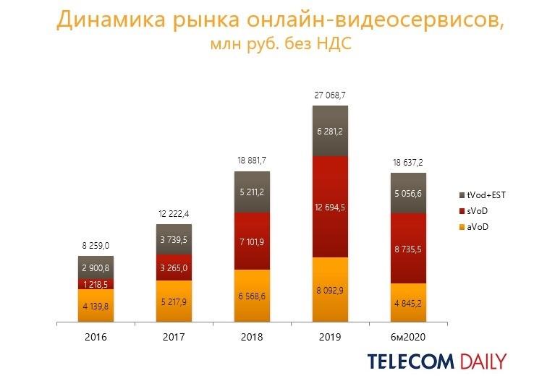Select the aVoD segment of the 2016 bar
pos(96,307)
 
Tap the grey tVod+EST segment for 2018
pos(252,192)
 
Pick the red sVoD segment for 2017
pos(174,267)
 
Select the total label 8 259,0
pos(96,246)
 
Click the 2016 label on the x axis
pos(96,337)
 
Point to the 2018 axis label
pos(252,337)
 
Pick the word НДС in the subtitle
pos(336,45)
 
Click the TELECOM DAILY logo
pos(436,361)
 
